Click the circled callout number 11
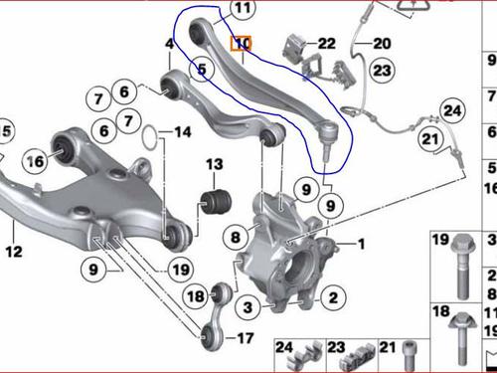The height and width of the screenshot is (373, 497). [x=243, y=8]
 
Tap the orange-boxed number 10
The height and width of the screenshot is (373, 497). [x=241, y=44]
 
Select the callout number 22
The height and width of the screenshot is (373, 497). [x=326, y=44]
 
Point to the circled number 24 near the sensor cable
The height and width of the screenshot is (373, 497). [x=452, y=110]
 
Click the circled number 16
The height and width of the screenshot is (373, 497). [x=35, y=161]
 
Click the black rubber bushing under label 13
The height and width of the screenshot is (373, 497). [x=216, y=202]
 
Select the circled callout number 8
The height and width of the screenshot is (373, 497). [x=236, y=237]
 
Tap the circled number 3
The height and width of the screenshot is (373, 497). [x=248, y=307]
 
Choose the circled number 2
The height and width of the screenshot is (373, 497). [x=333, y=297]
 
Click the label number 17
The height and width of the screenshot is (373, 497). [x=245, y=338]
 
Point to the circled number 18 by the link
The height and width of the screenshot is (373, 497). [x=196, y=295]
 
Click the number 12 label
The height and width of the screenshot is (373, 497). [x=14, y=252]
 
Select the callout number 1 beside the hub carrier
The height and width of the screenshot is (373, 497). [x=361, y=245]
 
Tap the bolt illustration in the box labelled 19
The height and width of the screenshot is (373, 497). [x=463, y=267]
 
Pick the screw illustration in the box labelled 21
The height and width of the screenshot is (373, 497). [x=410, y=356]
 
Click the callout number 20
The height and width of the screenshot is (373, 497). [x=382, y=44]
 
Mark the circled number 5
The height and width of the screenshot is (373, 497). [x=202, y=69]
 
